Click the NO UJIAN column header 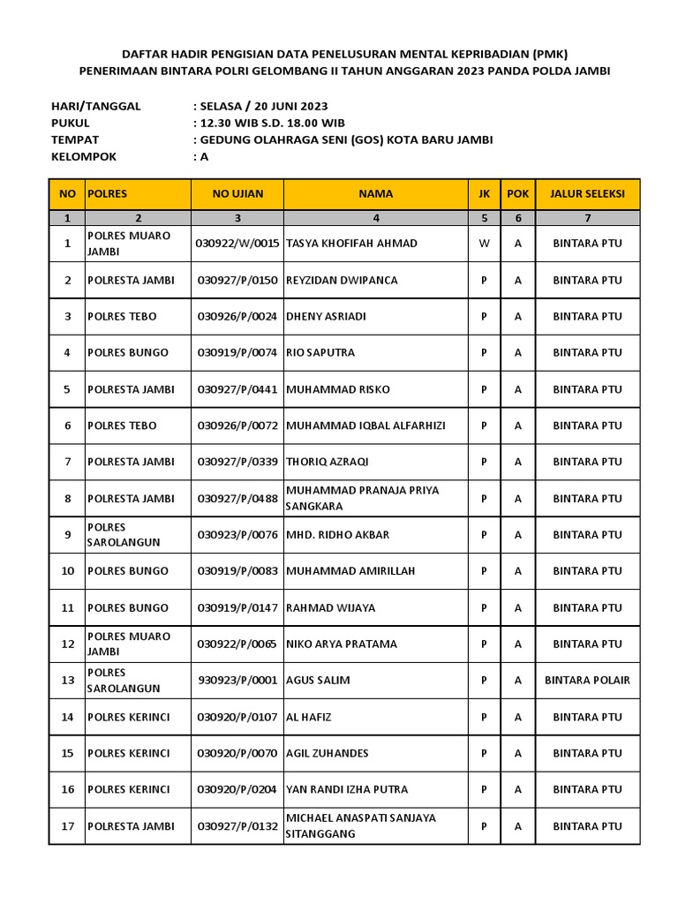click(x=237, y=193)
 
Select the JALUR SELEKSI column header click(x=587, y=193)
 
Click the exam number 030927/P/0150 click(x=237, y=280)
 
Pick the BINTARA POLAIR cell click(x=587, y=680)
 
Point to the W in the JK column click(x=484, y=243)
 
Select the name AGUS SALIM click(x=318, y=680)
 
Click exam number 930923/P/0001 click(x=237, y=680)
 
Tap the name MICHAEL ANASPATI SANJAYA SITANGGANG click(x=360, y=825)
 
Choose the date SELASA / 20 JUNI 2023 click(x=264, y=106)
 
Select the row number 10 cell click(x=67, y=571)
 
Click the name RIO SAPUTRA click(x=320, y=352)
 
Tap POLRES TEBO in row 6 click(x=122, y=426)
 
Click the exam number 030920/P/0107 click(x=237, y=717)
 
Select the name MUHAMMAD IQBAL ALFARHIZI click(x=365, y=426)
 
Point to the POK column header click(x=517, y=193)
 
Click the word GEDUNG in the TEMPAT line click(x=226, y=139)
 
